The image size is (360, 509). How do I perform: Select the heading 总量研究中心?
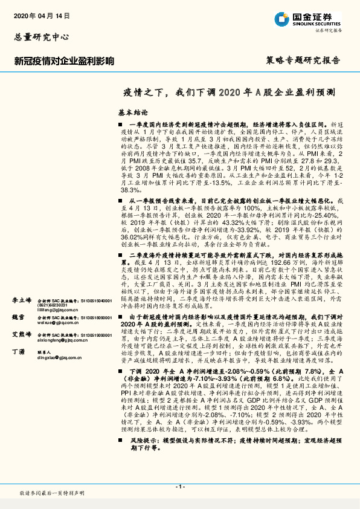(x=38, y=36)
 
